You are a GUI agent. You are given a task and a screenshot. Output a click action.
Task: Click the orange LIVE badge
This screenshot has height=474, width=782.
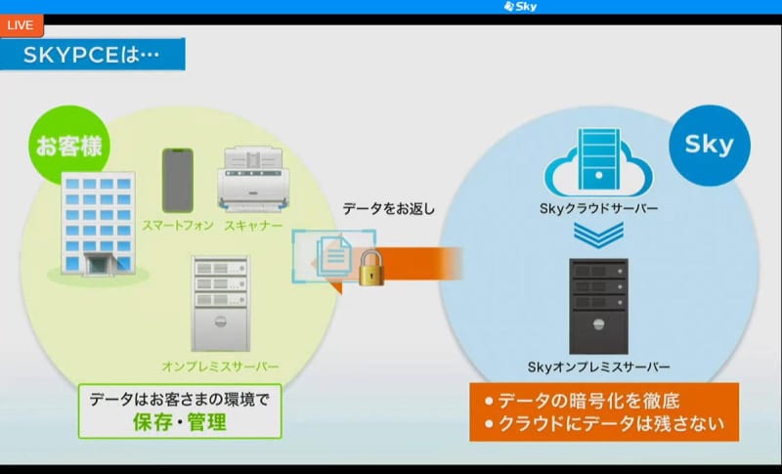click(21, 25)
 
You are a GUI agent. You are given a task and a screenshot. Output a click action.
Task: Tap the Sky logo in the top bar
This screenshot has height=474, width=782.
click(520, 7)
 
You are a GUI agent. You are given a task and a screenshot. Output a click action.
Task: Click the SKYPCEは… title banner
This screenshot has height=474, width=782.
click(92, 54)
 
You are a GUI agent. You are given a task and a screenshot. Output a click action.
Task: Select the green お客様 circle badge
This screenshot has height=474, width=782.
click(68, 145)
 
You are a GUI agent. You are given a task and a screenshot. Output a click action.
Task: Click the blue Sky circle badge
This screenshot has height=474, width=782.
click(710, 145)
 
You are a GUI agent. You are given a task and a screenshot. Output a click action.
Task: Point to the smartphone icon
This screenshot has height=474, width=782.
click(178, 181)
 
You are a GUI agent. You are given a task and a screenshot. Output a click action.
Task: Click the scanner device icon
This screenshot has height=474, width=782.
click(253, 179)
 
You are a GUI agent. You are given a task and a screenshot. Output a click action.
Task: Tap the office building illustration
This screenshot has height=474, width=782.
click(99, 226)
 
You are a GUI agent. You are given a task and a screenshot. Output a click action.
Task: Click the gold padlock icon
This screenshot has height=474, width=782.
click(371, 268)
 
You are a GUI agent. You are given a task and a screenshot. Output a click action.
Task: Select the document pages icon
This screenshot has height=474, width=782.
click(334, 256)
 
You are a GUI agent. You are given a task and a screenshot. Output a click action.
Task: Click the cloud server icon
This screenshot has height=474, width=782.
click(598, 163)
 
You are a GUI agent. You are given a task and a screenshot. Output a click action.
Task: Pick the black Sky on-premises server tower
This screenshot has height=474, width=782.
click(598, 306)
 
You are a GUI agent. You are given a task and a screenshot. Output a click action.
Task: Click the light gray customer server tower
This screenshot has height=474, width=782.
click(221, 304)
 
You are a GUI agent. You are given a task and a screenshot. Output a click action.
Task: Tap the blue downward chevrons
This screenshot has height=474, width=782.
click(598, 235)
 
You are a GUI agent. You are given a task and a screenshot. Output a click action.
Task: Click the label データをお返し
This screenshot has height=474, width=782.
click(388, 209)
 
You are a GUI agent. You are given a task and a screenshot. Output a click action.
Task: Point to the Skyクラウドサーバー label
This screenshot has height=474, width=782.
click(598, 208)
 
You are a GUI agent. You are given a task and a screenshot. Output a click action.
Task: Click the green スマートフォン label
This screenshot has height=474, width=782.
click(178, 226)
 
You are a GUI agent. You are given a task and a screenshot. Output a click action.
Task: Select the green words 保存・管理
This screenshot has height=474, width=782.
click(180, 422)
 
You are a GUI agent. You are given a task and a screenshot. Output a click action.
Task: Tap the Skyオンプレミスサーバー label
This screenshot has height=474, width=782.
click(598, 367)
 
